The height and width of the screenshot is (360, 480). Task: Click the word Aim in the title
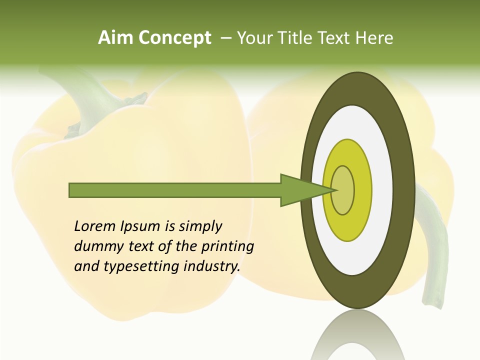[x=116, y=38]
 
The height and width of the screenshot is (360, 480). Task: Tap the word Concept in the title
[x=174, y=38]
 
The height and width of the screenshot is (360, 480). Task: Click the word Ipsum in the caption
[x=139, y=226]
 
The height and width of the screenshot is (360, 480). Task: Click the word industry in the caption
[x=212, y=266]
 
